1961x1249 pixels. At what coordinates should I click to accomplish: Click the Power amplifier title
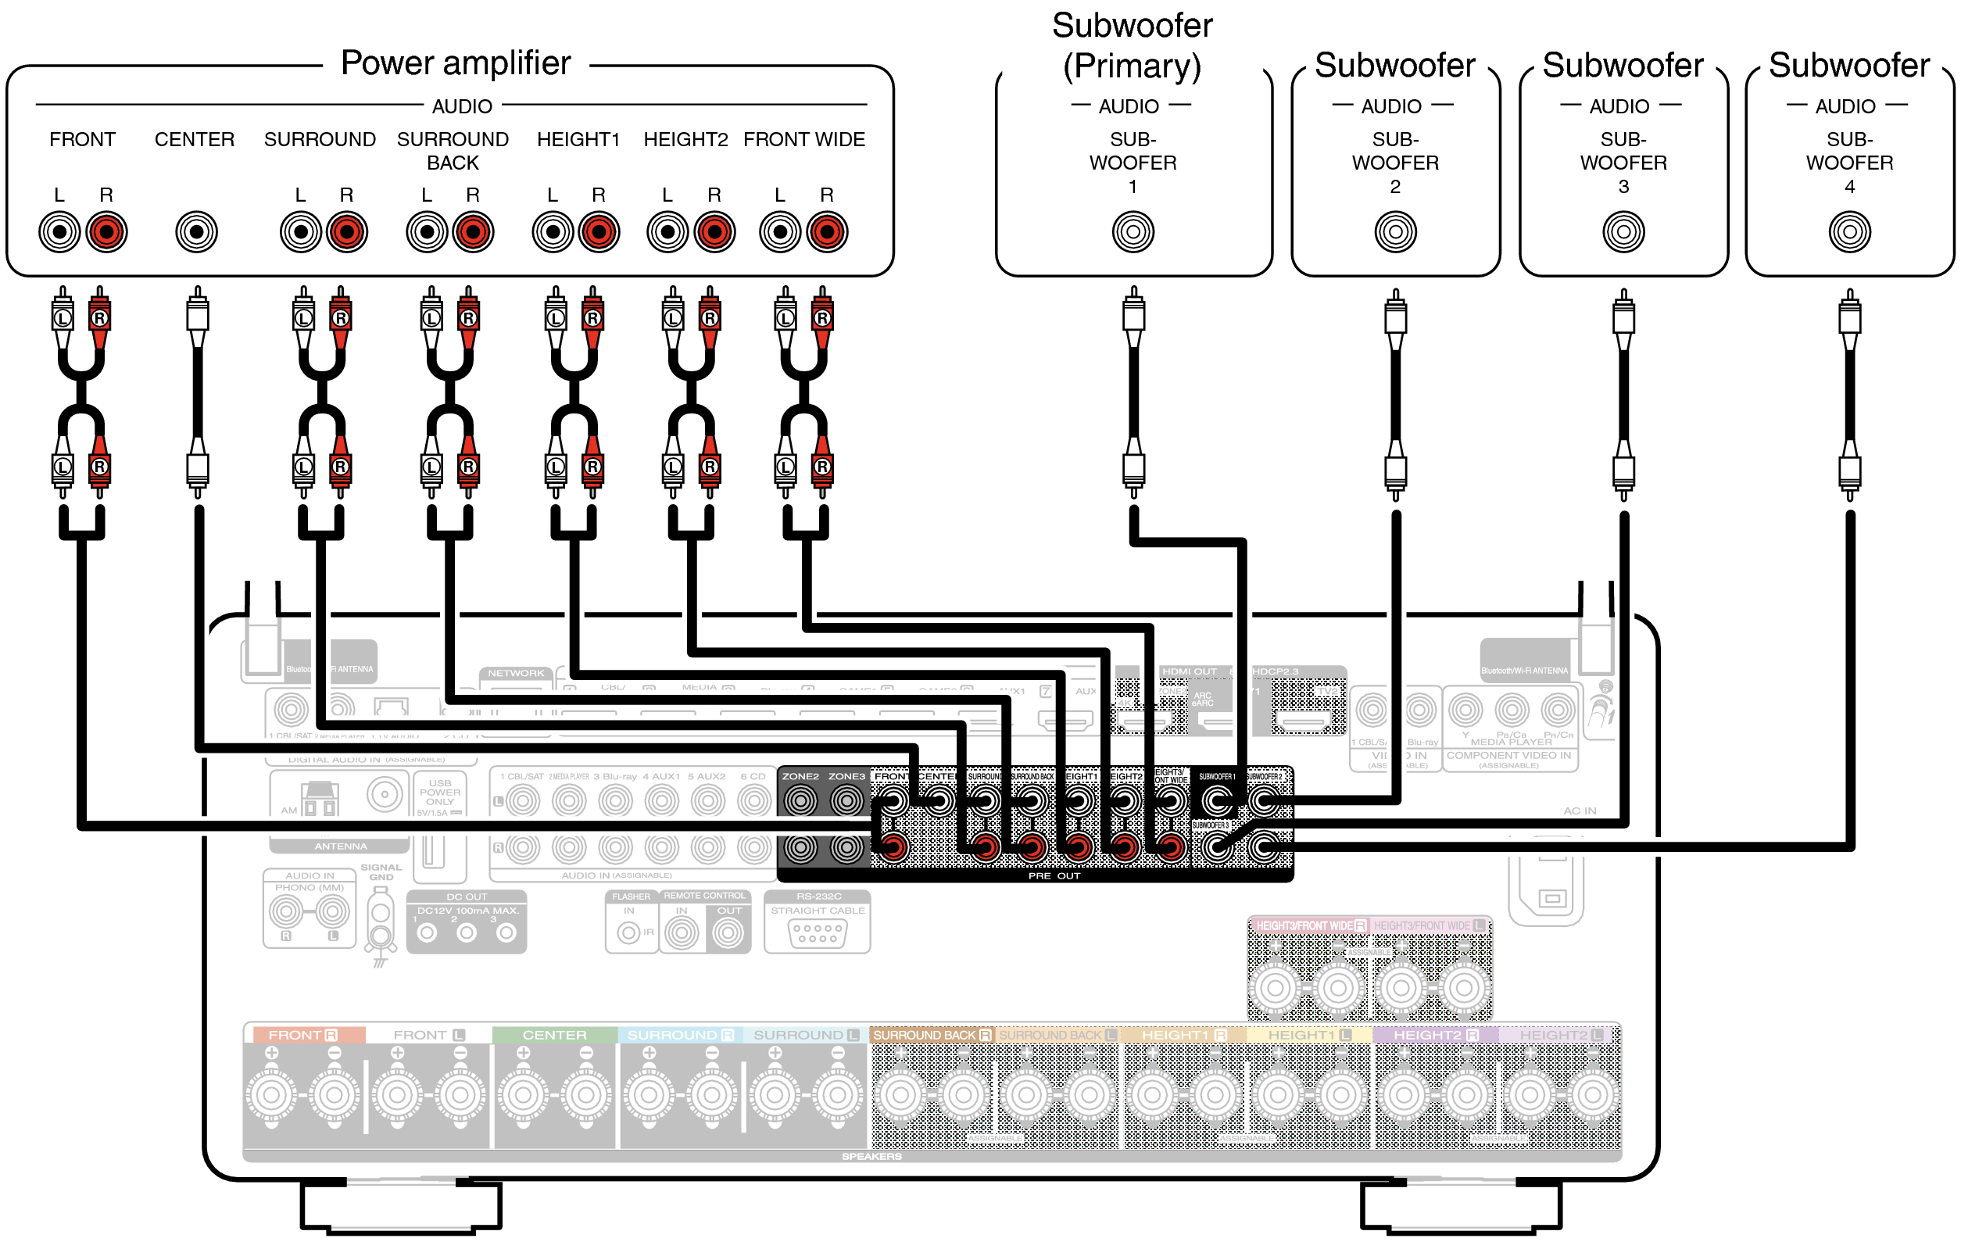point(455,63)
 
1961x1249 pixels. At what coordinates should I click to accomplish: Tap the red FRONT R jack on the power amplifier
point(106,232)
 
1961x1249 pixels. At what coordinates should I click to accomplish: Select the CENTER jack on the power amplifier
point(196,232)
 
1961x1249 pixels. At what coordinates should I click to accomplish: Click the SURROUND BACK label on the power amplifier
point(453,151)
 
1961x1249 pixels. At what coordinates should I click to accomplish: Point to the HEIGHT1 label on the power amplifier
point(578,139)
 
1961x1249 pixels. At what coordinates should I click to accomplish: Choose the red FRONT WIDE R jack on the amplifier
point(827,232)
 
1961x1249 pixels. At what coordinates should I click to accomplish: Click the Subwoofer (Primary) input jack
point(1133,232)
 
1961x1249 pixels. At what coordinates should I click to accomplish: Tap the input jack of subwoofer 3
point(1623,232)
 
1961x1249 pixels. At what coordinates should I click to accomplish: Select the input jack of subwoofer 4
point(1849,232)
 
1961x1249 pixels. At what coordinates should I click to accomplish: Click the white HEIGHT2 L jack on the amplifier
point(667,232)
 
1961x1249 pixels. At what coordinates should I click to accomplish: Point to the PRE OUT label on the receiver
point(1054,876)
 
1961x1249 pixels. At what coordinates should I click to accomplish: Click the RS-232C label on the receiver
point(818,896)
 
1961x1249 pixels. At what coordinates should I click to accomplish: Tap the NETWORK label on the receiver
point(516,674)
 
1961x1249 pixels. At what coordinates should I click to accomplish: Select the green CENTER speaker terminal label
point(555,1035)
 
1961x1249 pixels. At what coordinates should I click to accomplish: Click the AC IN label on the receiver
point(1579,811)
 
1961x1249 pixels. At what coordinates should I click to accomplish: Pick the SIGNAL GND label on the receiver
point(381,872)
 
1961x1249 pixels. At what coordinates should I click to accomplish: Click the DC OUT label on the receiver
point(467,896)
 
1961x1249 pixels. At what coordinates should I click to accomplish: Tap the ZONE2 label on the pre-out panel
point(800,776)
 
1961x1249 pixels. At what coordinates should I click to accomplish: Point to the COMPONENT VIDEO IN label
point(1508,756)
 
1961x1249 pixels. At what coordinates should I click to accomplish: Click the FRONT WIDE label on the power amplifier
point(803,139)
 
